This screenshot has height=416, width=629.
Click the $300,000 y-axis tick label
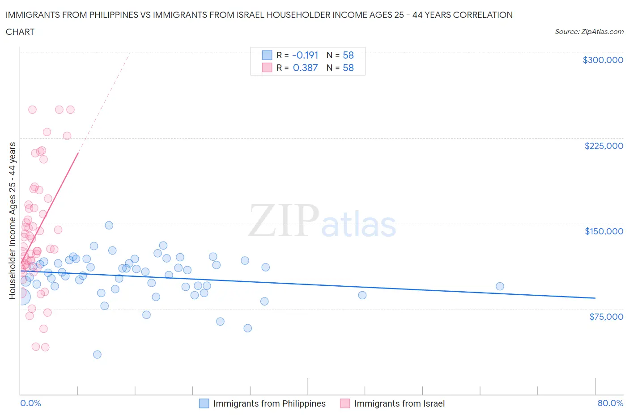coord(603,60)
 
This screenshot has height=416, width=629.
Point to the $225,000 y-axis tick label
coord(603,146)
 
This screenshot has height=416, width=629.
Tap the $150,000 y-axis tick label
coord(603,231)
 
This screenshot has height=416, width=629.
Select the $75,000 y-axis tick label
coord(606,317)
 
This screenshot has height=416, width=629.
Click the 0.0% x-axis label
coord(30,403)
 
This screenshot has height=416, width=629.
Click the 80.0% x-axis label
coord(610,403)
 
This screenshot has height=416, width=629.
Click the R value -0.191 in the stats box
coord(305,55)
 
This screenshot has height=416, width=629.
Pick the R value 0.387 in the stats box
coord(305,68)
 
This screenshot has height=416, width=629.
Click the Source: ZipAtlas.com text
coord(589,32)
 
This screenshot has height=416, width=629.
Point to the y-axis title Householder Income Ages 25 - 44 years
coord(13,221)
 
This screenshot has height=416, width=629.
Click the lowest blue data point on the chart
coord(97,354)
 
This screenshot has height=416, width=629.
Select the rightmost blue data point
coord(500,286)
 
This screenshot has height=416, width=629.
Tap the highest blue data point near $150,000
coord(109,225)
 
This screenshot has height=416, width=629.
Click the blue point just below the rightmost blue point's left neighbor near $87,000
coord(362,295)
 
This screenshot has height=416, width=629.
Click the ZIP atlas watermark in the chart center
coord(322,221)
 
